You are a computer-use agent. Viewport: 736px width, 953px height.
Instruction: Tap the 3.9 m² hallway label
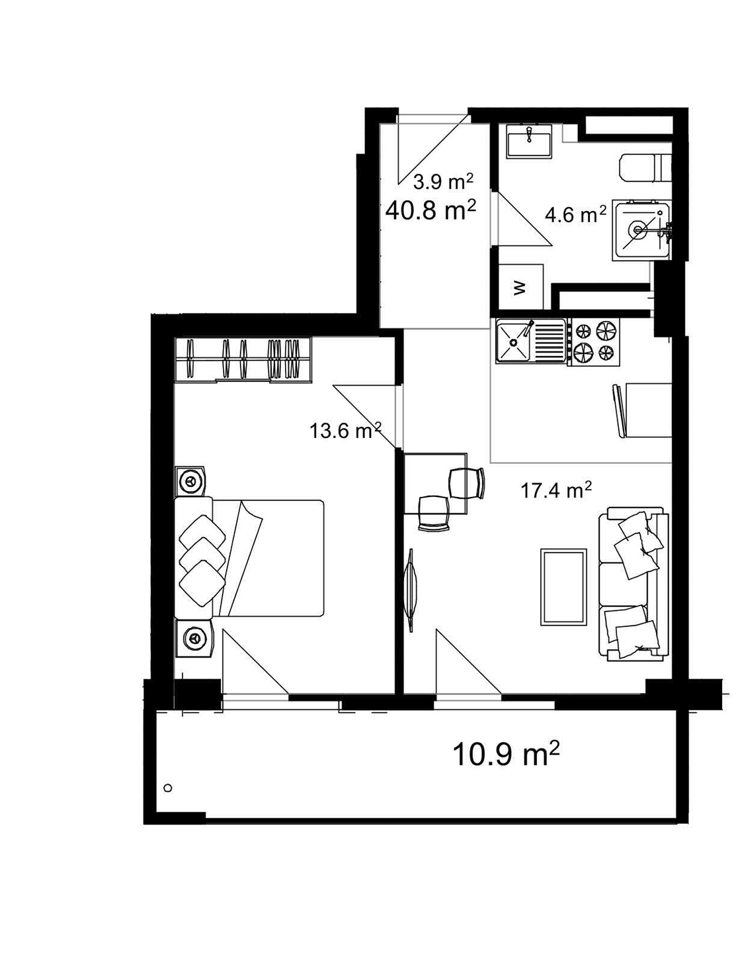point(443,181)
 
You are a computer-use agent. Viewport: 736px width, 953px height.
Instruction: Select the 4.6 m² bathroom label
point(576,214)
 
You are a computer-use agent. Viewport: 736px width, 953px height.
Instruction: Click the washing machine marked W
point(520,287)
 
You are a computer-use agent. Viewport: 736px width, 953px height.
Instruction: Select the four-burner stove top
point(594,341)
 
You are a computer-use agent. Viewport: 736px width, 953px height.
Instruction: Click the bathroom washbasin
point(529,140)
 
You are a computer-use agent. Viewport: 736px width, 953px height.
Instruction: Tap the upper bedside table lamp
point(192,480)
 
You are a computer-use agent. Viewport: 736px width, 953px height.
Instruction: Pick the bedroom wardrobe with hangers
point(243,360)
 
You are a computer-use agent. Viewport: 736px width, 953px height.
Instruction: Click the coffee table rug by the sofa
point(563,587)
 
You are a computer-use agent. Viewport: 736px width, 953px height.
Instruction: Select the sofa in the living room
point(633,584)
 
